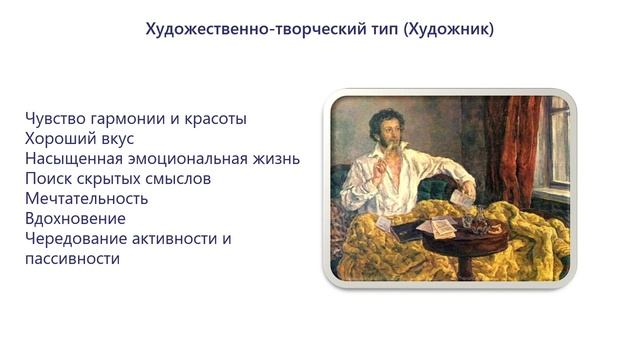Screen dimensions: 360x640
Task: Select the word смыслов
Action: [196, 178]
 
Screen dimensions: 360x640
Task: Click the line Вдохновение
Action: [75, 218]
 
